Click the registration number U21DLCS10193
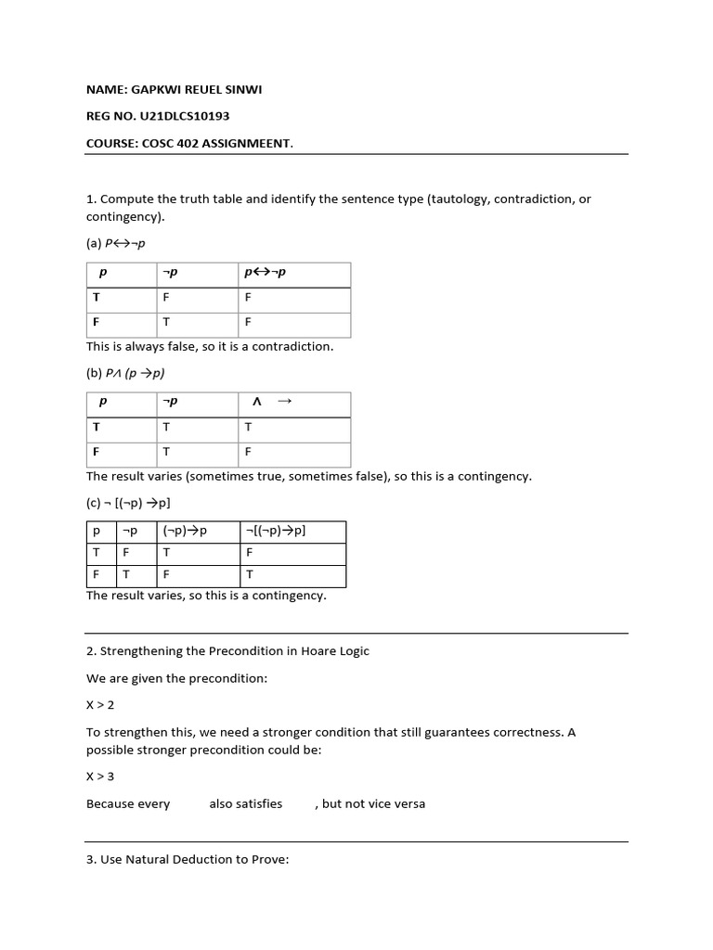pos(187,116)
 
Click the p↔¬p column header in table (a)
pos(266,273)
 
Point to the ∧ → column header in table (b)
pos(271,402)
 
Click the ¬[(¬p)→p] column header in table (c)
pos(275,531)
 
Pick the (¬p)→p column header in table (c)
pos(185,531)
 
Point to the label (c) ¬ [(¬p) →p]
pos(128,503)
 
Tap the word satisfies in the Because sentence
pos(246,803)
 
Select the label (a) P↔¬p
pos(116,243)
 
